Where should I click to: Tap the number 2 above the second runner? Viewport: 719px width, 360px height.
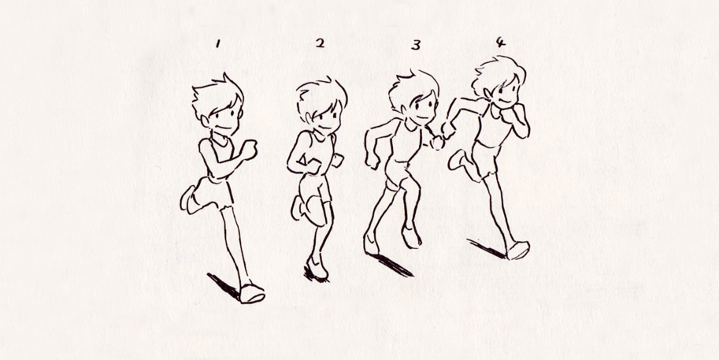(x=319, y=43)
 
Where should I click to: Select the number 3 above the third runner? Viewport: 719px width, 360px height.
(x=415, y=45)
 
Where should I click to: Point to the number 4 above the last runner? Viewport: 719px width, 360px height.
(x=501, y=42)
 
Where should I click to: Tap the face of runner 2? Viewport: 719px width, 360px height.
(x=325, y=118)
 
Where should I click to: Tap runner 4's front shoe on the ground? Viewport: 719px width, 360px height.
(x=518, y=251)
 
